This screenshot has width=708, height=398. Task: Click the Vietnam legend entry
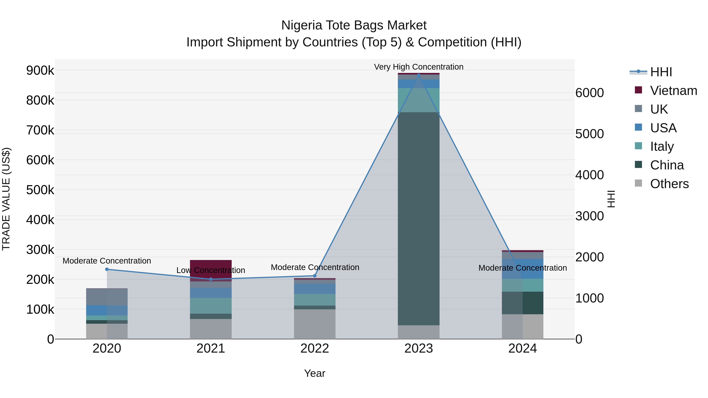tap(673, 91)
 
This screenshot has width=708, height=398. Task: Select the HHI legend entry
tap(661, 72)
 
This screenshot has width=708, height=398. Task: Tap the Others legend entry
tap(669, 184)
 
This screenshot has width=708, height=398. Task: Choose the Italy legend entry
tap(662, 146)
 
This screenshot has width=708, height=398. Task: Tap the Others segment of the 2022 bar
tap(314, 324)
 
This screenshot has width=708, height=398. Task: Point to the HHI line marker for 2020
tap(107, 269)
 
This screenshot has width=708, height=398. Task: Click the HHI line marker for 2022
tap(315, 276)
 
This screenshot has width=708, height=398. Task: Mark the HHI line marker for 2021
tap(211, 279)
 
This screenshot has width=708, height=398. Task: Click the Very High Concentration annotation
tap(418, 67)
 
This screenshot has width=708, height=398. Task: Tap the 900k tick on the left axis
tap(40, 71)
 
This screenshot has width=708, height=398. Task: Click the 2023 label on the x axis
tap(418, 348)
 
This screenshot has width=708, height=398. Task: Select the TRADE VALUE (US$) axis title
tap(6, 199)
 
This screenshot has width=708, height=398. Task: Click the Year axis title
tap(314, 373)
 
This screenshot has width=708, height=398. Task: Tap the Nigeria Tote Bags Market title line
tap(354, 25)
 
